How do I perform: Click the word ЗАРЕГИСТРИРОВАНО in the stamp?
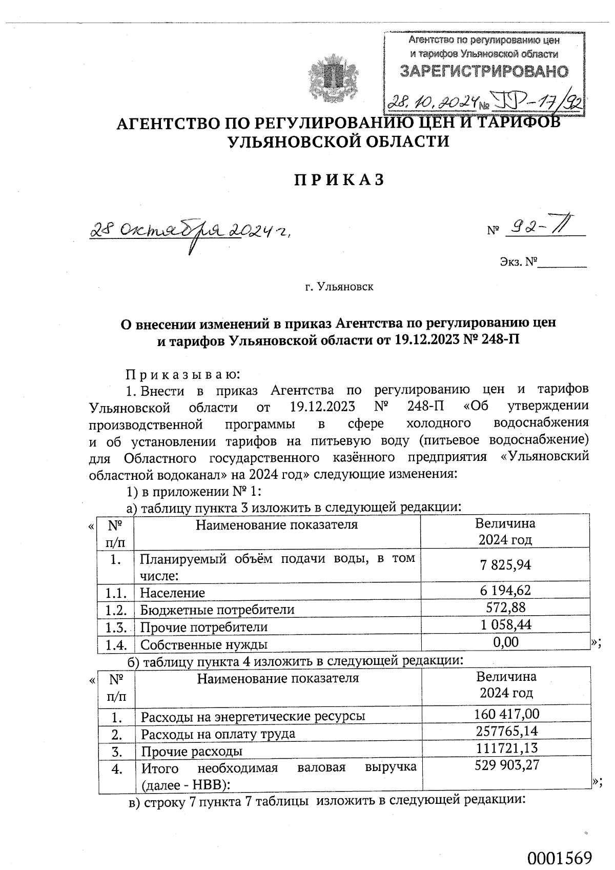[x=484, y=71]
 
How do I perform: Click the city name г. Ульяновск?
[x=339, y=287]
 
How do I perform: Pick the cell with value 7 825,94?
[x=505, y=565]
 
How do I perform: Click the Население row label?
[x=173, y=593]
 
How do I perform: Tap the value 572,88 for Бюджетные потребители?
[x=505, y=608]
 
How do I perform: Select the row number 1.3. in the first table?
[x=116, y=627]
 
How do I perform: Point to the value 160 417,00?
[x=506, y=714]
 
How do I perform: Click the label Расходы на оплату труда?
[x=218, y=734]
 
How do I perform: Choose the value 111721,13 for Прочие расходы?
[x=506, y=748]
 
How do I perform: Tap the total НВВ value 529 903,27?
[x=506, y=766]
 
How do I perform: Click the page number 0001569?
[x=560, y=858]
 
